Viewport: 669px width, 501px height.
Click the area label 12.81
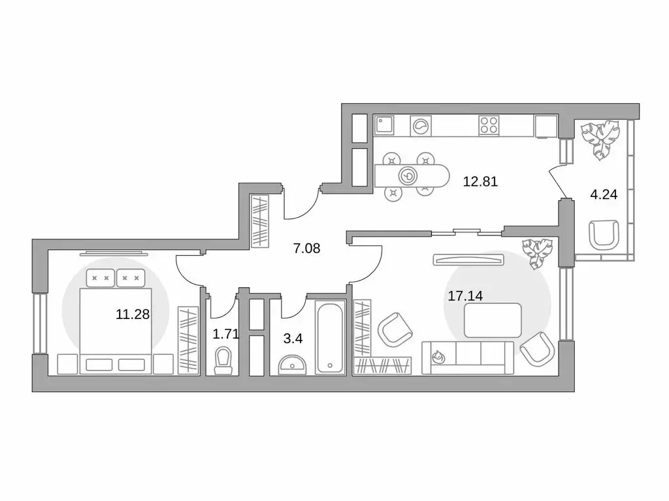(x=480, y=182)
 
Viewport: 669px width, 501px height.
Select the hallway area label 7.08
(x=306, y=248)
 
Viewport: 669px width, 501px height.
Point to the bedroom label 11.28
(x=133, y=314)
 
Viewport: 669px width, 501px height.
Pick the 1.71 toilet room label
(x=225, y=335)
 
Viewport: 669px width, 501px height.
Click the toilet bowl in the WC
(x=223, y=360)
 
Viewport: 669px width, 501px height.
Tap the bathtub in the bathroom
(x=330, y=337)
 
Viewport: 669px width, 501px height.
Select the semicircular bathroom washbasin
(x=292, y=363)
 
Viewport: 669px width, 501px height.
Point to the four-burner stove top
(x=489, y=125)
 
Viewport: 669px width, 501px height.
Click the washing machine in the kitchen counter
(x=421, y=125)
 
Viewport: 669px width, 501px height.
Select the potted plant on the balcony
(x=600, y=140)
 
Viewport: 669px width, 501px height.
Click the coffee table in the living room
(x=493, y=320)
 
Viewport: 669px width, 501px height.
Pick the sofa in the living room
(x=468, y=357)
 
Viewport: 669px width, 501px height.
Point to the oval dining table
(x=412, y=175)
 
